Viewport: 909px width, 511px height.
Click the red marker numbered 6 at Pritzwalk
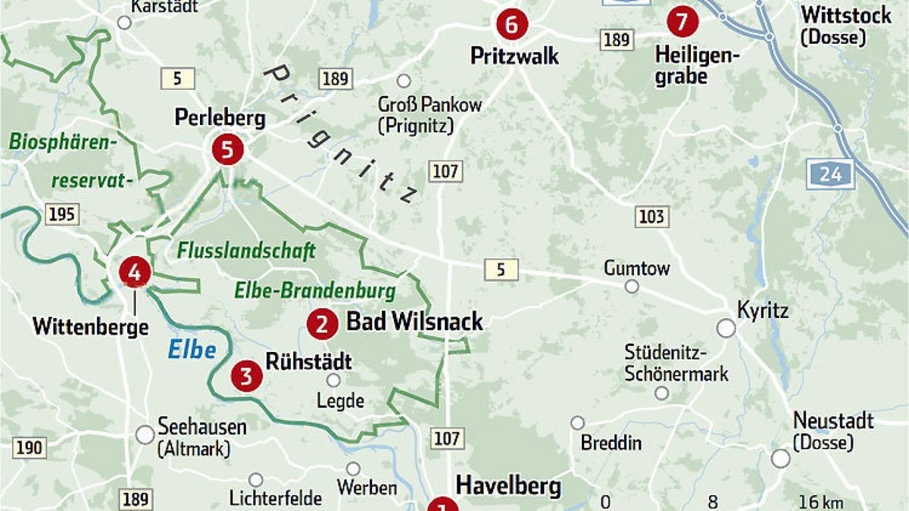[x=511, y=24]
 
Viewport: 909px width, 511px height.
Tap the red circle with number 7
[x=682, y=22]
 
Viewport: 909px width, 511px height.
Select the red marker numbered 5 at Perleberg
[x=226, y=149]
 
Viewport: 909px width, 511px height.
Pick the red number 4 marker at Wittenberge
[x=135, y=273]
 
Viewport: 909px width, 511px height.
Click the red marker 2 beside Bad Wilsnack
[x=322, y=325]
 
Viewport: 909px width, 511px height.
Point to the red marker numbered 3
[x=246, y=376]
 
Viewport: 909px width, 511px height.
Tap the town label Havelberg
[x=508, y=485]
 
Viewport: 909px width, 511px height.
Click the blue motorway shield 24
[x=830, y=174]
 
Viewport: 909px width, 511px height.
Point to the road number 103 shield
[x=651, y=217]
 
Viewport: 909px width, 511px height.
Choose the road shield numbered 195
[x=61, y=214]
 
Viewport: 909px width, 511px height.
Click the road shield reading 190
[x=28, y=447]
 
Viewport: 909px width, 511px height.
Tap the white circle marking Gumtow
[x=632, y=287]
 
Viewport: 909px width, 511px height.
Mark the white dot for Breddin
[x=578, y=422]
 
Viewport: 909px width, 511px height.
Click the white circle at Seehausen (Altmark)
[x=145, y=435]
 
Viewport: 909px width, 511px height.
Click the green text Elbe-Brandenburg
[x=315, y=291]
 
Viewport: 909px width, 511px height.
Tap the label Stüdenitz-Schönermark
[x=676, y=363]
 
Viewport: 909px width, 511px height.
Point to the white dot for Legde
[x=333, y=381]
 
